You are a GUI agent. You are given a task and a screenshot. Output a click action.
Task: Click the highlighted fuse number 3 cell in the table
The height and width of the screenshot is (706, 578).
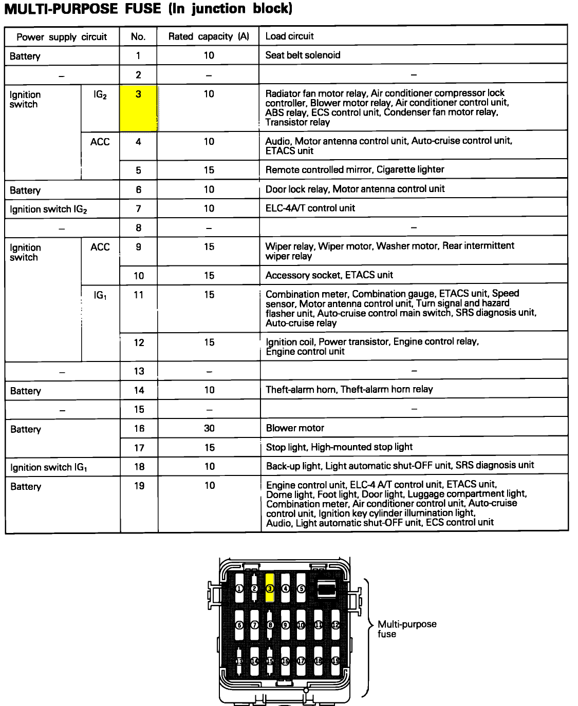click(x=138, y=108)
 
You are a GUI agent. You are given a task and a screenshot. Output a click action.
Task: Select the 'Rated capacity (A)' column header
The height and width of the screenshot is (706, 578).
click(x=208, y=36)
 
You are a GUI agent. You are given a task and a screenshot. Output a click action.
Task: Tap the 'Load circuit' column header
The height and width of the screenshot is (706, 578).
click(x=289, y=36)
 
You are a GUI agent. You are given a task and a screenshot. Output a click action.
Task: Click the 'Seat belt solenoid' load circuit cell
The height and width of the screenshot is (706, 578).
click(x=303, y=55)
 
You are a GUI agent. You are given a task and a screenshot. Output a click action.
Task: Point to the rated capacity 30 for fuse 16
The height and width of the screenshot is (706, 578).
click(x=209, y=428)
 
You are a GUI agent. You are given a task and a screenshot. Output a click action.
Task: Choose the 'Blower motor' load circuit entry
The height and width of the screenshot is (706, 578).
click(x=295, y=428)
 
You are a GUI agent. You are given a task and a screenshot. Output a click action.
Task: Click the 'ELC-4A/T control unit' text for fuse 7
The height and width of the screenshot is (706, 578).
click(x=310, y=208)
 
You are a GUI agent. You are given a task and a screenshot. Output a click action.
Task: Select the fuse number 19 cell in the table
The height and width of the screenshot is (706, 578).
click(x=139, y=486)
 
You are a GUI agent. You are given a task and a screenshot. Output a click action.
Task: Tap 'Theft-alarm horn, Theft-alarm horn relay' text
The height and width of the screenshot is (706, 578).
click(x=349, y=389)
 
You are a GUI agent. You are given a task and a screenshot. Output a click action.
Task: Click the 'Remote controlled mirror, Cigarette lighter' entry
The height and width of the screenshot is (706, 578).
click(x=355, y=169)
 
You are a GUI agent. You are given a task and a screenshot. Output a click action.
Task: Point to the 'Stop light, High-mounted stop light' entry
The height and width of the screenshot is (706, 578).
click(x=339, y=447)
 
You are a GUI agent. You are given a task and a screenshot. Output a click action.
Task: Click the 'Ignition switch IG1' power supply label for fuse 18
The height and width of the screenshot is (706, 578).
click(x=49, y=467)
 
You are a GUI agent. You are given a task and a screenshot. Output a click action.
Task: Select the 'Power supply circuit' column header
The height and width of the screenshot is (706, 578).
click(x=62, y=37)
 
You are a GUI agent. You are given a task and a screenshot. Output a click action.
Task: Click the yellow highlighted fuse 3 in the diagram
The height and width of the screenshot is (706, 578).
click(x=270, y=588)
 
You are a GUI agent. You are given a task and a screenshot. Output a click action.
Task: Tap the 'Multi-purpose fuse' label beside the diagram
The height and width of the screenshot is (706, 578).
click(x=406, y=629)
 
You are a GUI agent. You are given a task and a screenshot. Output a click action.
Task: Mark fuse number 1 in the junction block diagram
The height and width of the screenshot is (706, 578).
click(x=239, y=589)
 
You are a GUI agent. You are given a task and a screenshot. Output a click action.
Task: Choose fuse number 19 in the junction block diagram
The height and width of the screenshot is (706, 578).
click(x=335, y=661)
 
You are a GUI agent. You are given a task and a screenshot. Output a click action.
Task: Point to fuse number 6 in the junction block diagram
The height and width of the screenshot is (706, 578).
click(x=239, y=625)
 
